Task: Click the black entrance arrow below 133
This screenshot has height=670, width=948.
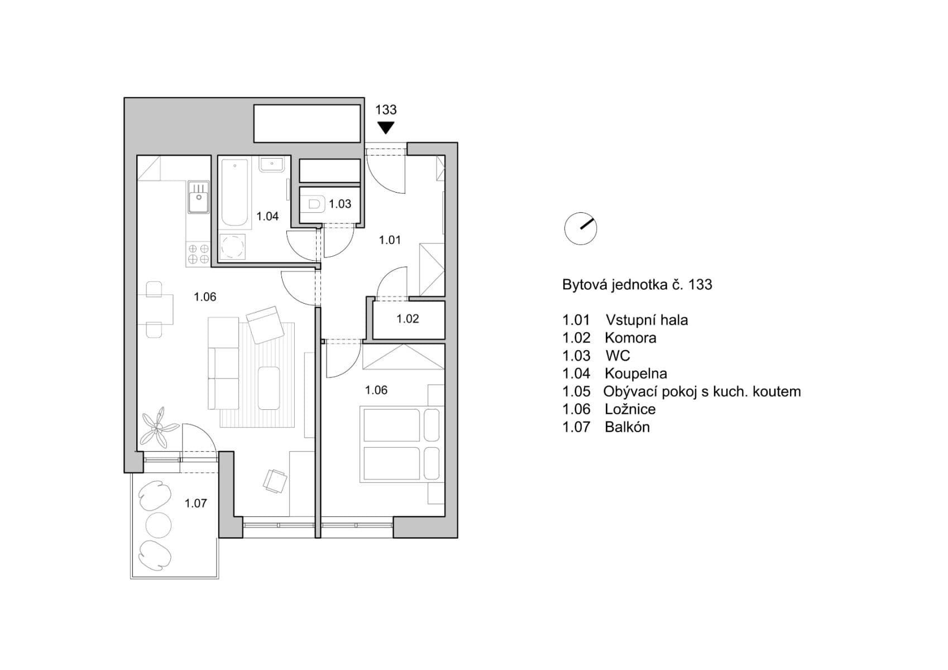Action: click(385, 128)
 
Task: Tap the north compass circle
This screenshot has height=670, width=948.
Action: click(581, 228)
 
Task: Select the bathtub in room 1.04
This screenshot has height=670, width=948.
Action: click(234, 193)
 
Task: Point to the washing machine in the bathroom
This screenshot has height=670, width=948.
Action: click(233, 246)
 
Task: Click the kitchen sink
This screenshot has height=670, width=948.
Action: click(198, 197)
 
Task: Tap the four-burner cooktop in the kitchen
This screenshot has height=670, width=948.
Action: click(198, 254)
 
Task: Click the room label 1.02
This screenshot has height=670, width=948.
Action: click(408, 319)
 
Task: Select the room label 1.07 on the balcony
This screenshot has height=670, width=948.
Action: click(195, 504)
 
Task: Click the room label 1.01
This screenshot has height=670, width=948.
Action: click(390, 240)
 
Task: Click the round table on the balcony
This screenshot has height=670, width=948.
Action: click(158, 524)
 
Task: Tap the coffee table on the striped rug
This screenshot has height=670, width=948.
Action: click(269, 388)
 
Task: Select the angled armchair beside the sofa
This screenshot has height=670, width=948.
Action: click(266, 324)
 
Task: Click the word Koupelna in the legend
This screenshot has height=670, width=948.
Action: click(635, 374)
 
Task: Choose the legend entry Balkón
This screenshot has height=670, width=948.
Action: click(627, 427)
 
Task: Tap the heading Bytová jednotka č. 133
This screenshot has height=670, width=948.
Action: click(637, 285)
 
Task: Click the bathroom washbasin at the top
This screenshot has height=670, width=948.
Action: click(273, 165)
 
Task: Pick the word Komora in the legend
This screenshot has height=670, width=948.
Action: click(630, 338)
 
